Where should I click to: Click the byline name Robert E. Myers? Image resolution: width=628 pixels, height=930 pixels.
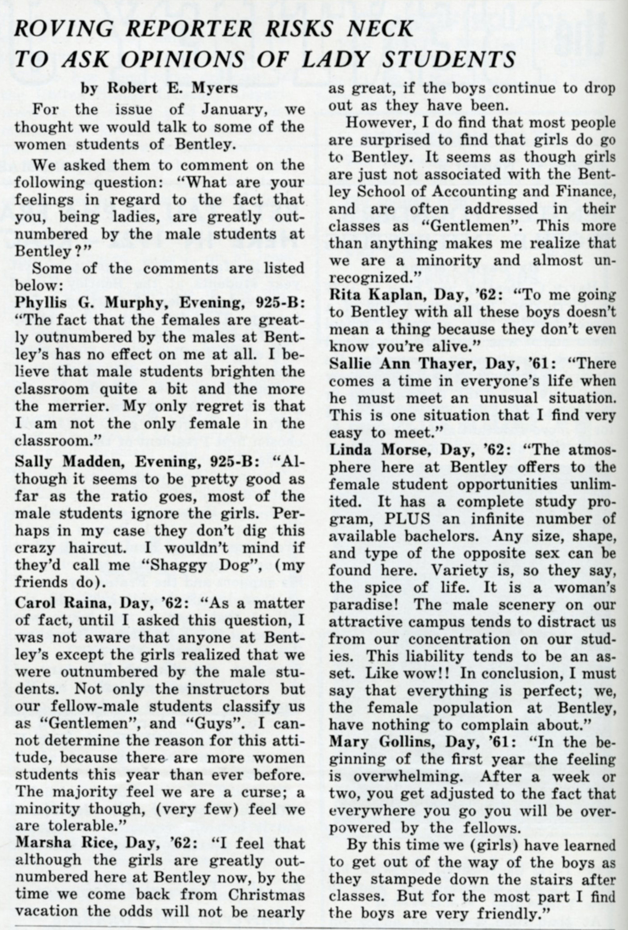click(x=172, y=88)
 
